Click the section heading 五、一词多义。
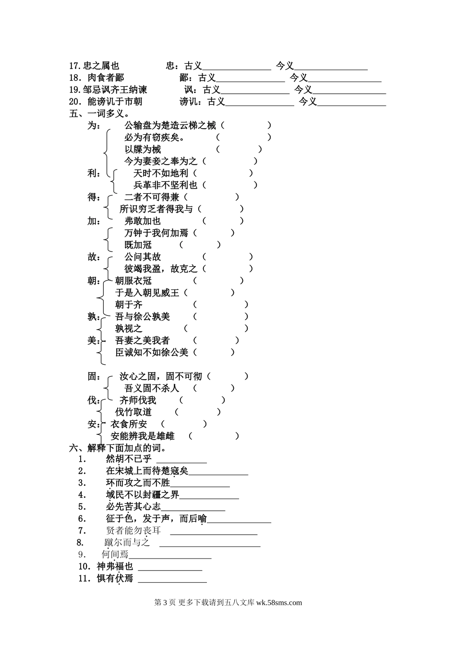coord(99,114)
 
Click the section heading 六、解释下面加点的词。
coord(118,448)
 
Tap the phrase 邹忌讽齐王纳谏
coord(115,90)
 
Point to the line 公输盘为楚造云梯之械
coord(170,125)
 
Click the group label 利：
coord(94,173)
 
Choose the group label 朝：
coord(94,281)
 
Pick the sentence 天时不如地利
coord(161,173)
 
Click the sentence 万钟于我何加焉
coord(156,233)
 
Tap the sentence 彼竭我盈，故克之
coord(161,269)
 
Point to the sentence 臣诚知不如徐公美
coord(152,352)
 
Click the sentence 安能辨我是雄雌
coord(143,436)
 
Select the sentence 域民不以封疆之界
coord(143,495)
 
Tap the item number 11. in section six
coord(85,579)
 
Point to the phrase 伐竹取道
coord(133,412)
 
